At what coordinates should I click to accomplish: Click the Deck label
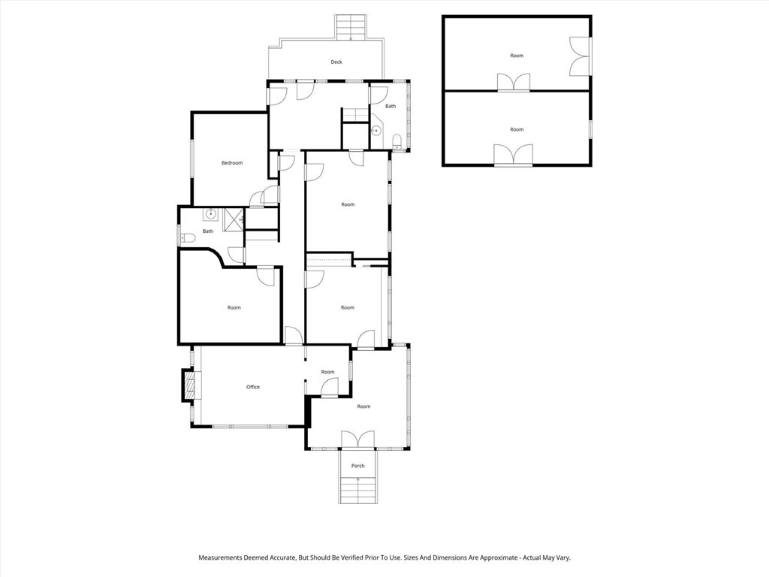(x=336, y=62)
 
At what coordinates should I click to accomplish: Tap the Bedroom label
(x=231, y=163)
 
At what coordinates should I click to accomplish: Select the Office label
(x=253, y=387)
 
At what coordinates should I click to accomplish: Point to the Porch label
(x=358, y=466)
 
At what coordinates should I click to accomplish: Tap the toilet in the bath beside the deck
(x=397, y=140)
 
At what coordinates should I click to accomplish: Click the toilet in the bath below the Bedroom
(x=188, y=238)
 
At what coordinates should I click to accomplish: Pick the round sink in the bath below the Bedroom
(x=210, y=214)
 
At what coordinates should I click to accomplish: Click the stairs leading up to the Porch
(x=358, y=491)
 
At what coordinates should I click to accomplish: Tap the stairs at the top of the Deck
(x=351, y=28)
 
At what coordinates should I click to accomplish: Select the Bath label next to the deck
(x=391, y=107)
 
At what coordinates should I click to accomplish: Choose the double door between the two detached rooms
(x=514, y=83)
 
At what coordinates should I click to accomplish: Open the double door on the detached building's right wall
(x=580, y=56)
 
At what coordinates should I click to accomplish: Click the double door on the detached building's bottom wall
(x=514, y=156)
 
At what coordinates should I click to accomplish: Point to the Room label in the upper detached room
(x=517, y=56)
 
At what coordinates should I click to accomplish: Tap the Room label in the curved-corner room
(x=234, y=307)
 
